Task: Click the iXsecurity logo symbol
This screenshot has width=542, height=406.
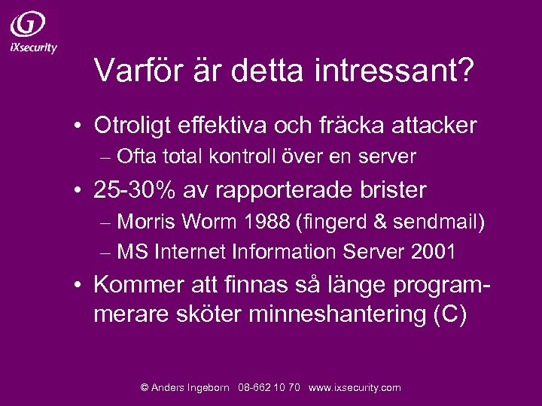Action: click(x=28, y=25)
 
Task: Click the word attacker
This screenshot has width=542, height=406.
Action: click(x=436, y=125)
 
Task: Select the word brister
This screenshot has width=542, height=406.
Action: click(x=392, y=190)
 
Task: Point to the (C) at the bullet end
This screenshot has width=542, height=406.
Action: click(x=449, y=314)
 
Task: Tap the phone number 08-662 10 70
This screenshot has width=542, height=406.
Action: click(x=269, y=387)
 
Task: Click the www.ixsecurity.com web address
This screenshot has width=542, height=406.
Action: click(x=355, y=387)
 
